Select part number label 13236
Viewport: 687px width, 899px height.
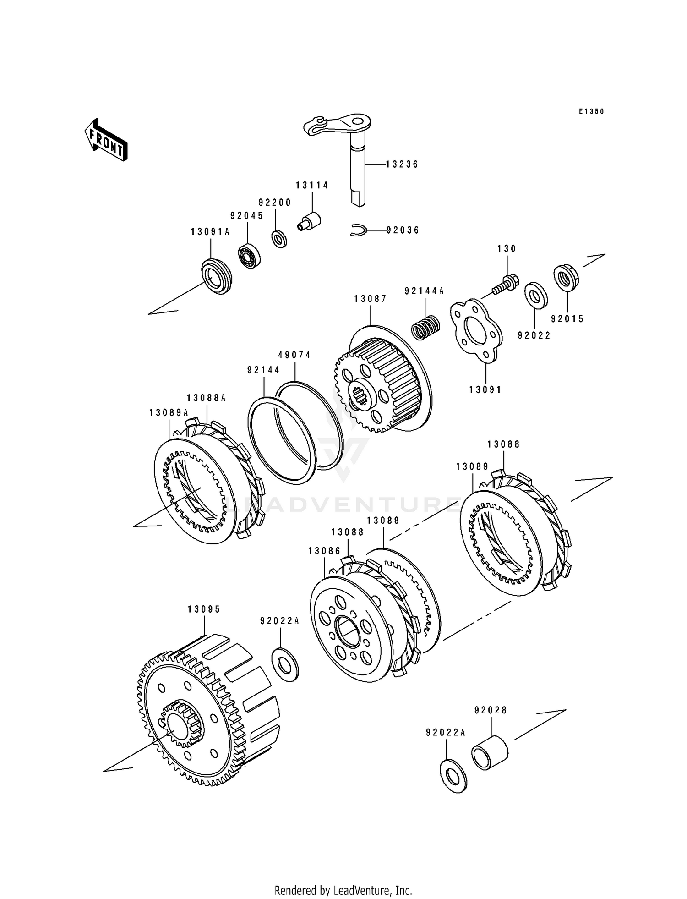coord(402,164)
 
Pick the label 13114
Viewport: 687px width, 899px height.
coord(312,185)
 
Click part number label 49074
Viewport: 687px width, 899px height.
coord(294,355)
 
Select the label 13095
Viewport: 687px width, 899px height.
coord(204,609)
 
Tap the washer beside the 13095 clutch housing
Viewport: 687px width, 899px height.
coord(285,664)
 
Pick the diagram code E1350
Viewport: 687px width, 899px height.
coord(591,111)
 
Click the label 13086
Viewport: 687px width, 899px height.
coord(325,551)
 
